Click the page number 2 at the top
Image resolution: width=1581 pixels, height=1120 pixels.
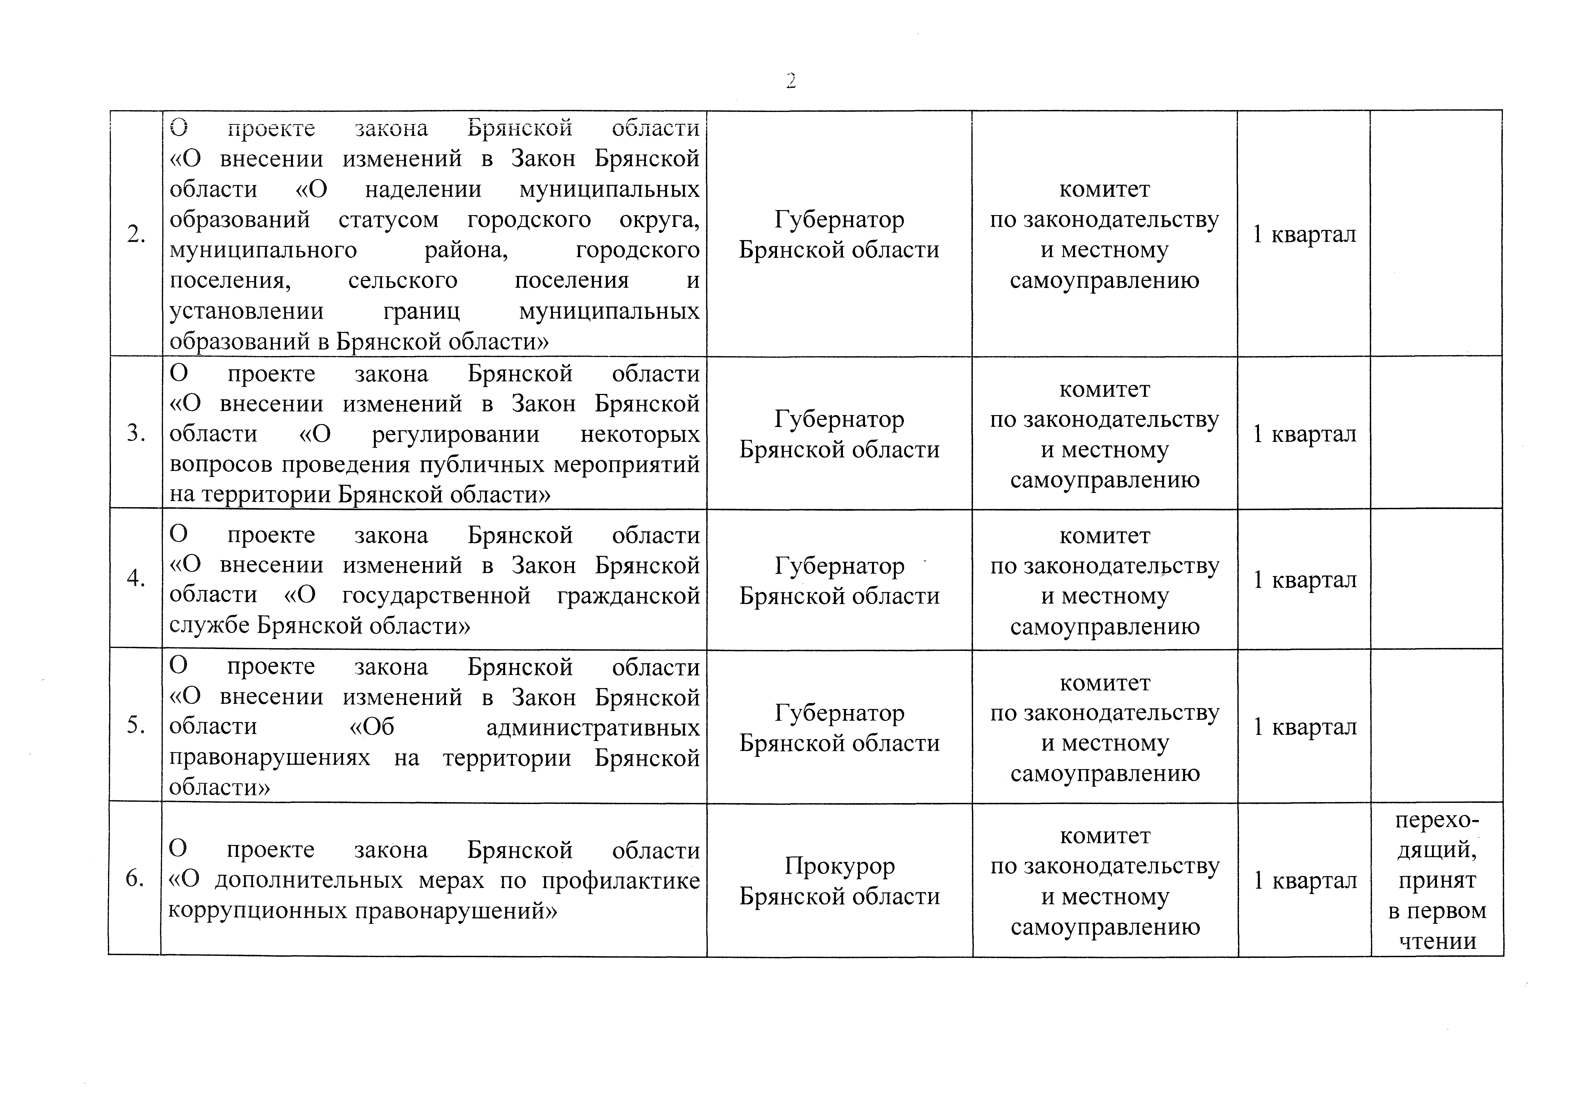point(790,81)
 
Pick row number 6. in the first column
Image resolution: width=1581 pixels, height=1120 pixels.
point(135,879)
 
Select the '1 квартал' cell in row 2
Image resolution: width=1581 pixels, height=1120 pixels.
point(1304,234)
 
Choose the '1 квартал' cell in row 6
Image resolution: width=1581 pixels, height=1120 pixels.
point(1305,881)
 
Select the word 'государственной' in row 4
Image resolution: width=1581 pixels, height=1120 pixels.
point(436,595)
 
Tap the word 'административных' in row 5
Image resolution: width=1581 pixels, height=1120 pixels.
point(593,728)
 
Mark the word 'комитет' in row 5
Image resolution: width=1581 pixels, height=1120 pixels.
point(1105,683)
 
